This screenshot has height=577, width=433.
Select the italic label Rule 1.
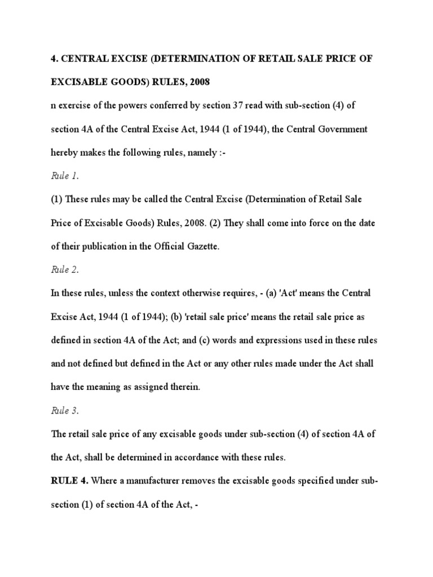[x=65, y=176]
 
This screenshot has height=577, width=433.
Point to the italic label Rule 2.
[x=65, y=269]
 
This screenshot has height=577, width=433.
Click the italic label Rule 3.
[x=65, y=410]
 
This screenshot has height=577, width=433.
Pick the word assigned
[x=147, y=387]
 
